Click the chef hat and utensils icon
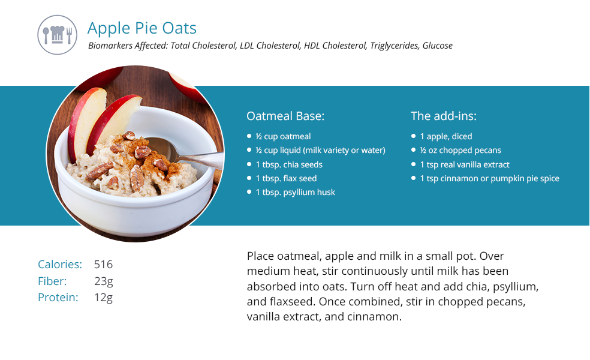(57, 35)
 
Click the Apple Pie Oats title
(142, 28)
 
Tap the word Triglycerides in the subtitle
(394, 46)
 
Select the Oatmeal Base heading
(285, 116)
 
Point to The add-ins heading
(444, 116)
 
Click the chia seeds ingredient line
(289, 164)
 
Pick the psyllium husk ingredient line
(296, 192)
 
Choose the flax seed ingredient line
(286, 178)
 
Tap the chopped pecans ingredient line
(460, 150)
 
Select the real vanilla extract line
(465, 164)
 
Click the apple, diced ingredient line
(446, 136)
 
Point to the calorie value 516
(103, 265)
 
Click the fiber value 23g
(104, 281)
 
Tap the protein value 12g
(104, 298)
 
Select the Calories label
(60, 265)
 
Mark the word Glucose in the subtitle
(437, 46)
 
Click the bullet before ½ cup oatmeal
(249, 136)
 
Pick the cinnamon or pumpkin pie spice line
(489, 178)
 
